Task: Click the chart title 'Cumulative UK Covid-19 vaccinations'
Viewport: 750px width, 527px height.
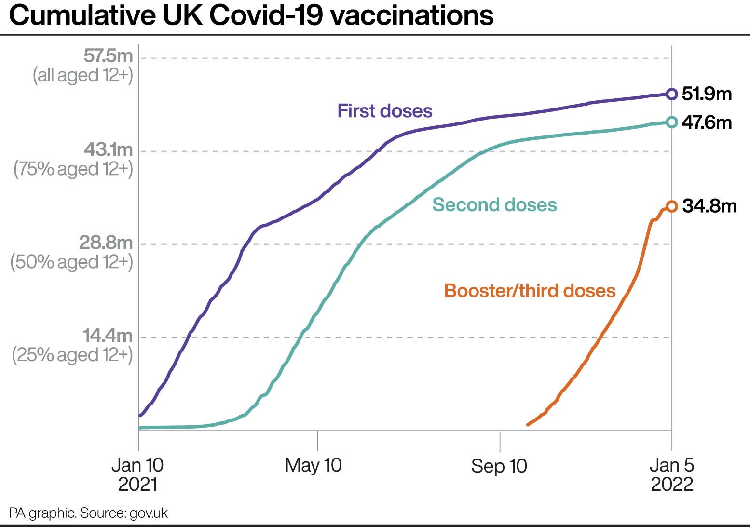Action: pos(251,15)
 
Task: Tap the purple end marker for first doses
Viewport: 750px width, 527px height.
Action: pos(671,94)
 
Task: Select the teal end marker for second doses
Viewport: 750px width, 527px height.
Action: pos(671,122)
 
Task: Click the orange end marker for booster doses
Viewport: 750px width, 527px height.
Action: pos(671,207)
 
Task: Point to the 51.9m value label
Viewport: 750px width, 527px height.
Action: pos(707,94)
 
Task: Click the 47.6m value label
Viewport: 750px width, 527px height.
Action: pos(707,122)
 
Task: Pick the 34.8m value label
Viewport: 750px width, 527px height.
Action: pos(709,206)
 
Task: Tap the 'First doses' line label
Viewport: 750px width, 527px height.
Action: pos(385,111)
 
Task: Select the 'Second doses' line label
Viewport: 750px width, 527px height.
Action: pos(494,205)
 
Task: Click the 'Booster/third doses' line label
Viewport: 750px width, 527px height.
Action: pos(530,291)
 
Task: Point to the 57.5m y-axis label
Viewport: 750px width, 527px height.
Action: pos(108,56)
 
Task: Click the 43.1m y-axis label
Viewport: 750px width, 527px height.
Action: pos(108,149)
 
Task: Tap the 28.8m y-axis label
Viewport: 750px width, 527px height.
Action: pos(106,243)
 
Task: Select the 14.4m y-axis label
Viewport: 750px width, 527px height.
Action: pos(108,336)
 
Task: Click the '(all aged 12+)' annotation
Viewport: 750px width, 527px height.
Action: pos(82,76)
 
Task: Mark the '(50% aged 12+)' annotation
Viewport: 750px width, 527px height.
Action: pos(71,262)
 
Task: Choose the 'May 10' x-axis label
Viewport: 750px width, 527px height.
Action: pos(313,465)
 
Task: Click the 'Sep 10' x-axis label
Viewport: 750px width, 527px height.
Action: pos(499,466)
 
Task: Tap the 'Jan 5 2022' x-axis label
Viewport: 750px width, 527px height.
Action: pos(672,474)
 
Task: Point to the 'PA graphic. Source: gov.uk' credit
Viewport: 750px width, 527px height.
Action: pos(88,513)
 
